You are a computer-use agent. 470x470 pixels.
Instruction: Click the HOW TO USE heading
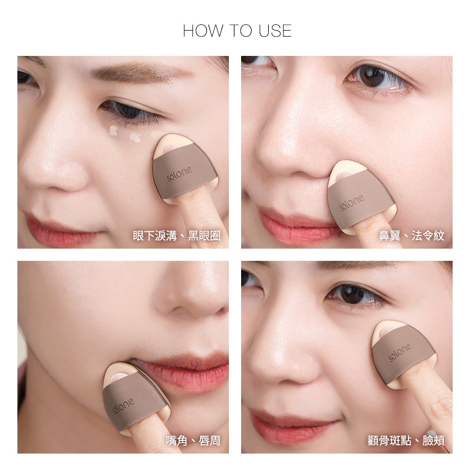(237, 31)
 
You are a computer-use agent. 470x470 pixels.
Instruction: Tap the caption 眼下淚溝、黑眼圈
(177, 236)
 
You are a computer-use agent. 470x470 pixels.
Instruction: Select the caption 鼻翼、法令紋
(412, 235)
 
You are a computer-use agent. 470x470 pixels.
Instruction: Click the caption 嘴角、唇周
(193, 441)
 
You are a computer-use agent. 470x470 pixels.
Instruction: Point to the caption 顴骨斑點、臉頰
(406, 441)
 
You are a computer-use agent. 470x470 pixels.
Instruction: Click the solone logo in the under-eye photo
(179, 173)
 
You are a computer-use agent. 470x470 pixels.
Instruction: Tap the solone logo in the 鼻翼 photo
(352, 202)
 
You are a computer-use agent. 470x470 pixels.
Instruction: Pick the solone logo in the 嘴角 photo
(123, 406)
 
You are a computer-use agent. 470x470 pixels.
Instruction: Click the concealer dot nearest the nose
(113, 130)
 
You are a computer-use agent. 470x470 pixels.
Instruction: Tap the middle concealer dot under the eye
(135, 137)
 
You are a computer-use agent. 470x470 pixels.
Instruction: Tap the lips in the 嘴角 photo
(183, 372)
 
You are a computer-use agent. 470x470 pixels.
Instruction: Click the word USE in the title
(275, 31)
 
